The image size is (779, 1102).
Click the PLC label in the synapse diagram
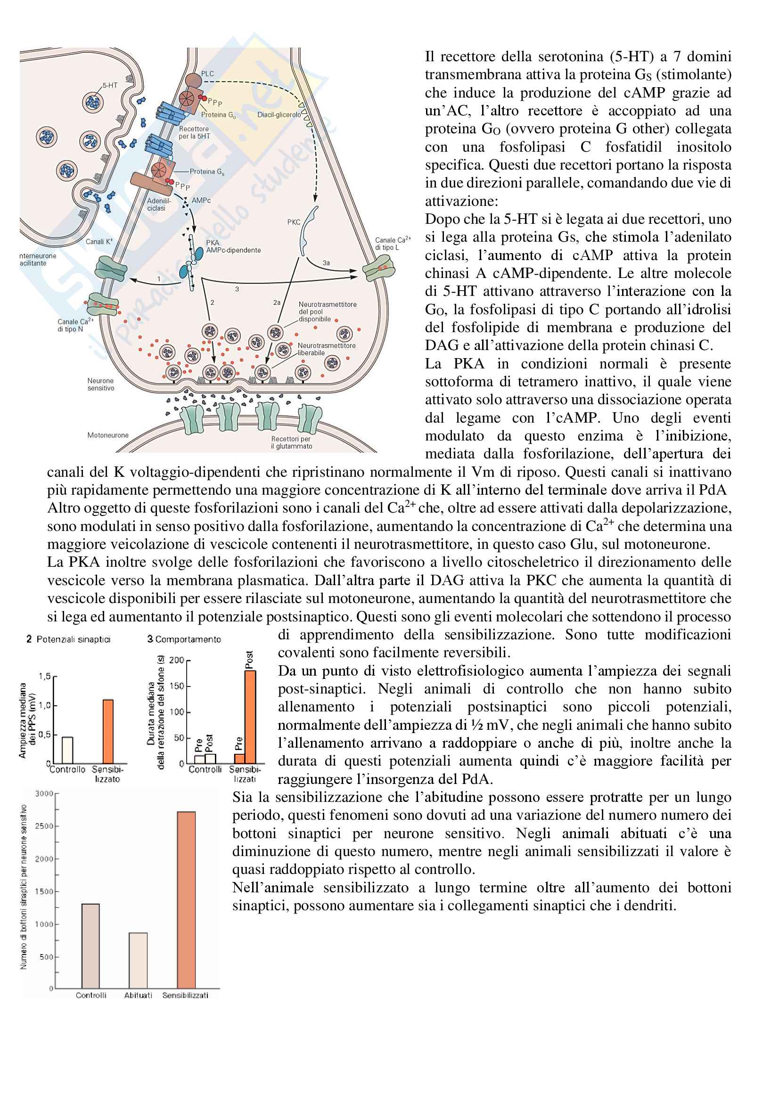pos(207,73)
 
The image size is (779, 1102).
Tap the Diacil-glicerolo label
pos(279,114)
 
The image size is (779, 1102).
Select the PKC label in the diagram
pos(293,222)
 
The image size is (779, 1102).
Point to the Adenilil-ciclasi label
pos(158,204)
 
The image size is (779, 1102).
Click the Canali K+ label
pos(99,241)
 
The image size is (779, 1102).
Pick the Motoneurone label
pos(107,435)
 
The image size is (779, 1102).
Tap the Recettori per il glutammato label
pos(291,442)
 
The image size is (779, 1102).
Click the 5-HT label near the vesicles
pos(110,85)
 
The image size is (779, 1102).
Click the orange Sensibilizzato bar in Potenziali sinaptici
pos(108,732)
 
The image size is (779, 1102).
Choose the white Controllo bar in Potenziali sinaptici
pos(68,750)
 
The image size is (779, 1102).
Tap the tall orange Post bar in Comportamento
pos(250,717)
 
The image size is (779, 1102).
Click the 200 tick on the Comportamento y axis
pos(177,660)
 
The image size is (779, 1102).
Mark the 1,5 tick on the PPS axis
pos(45,676)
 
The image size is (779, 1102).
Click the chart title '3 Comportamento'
pos(184,639)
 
